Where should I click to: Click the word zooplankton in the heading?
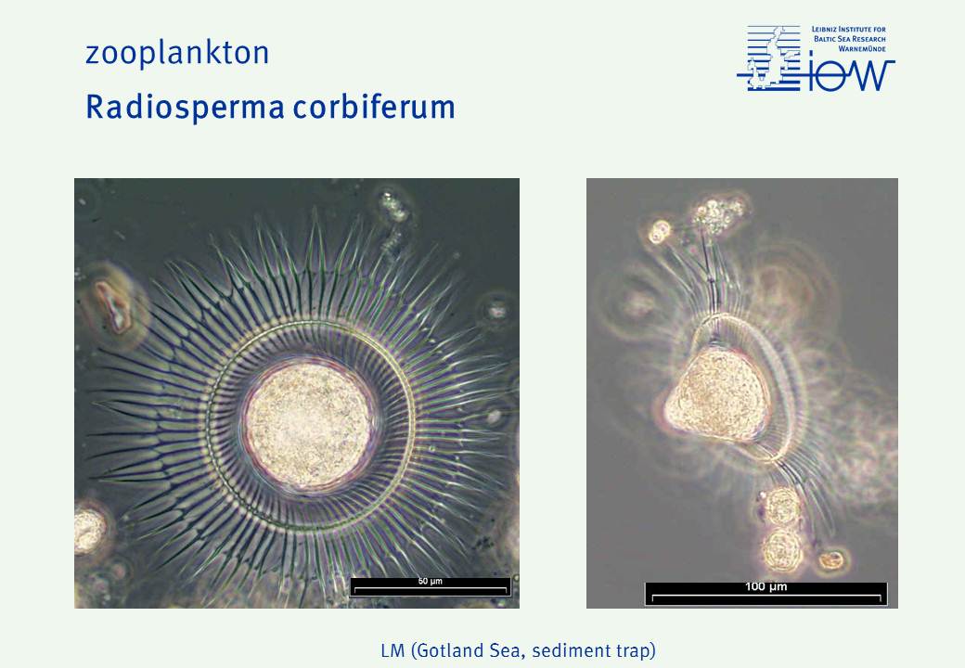tap(177, 53)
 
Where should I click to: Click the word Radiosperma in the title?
tap(185, 108)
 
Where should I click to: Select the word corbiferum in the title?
tap(374, 106)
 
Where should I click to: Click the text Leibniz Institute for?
tap(849, 29)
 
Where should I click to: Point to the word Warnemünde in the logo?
tap(862, 48)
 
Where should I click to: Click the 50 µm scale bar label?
tap(431, 582)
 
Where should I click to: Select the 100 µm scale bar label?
tap(766, 586)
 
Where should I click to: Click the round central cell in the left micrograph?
tap(310, 426)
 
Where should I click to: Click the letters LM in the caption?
tap(392, 650)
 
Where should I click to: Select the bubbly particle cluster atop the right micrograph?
tap(717, 214)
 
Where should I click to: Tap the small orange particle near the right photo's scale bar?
tap(830, 559)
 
